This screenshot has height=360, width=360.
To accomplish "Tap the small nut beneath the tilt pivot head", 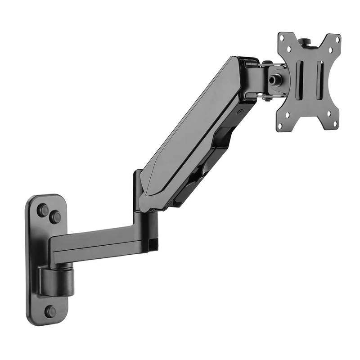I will point(267,99).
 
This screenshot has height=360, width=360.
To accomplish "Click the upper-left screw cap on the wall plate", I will point(43,210).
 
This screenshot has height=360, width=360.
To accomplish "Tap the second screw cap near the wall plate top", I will point(55,218).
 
